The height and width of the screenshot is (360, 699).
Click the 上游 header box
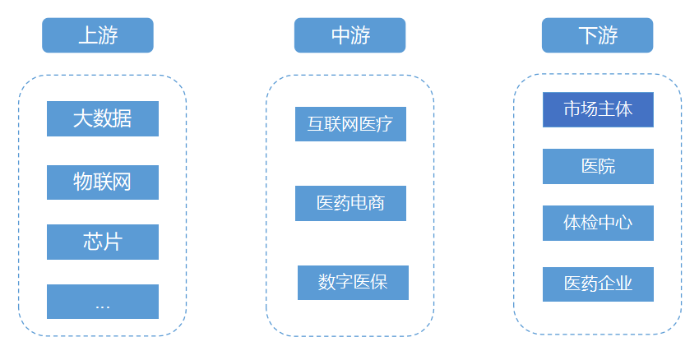[98, 35]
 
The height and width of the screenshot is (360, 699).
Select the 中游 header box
[349, 35]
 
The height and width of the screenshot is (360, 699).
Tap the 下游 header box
[597, 35]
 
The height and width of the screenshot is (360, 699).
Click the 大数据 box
[103, 118]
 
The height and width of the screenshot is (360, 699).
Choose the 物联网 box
[103, 182]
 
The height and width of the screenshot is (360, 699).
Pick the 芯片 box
[103, 242]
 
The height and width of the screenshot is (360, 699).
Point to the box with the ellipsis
[103, 302]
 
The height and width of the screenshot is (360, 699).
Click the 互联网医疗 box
[350, 124]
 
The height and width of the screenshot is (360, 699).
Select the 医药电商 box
[350, 203]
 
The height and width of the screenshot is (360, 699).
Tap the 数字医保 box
[353, 283]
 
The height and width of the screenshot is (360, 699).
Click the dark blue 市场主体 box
[598, 109]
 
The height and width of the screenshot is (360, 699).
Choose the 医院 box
[598, 166]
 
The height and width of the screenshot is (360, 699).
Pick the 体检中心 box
[598, 223]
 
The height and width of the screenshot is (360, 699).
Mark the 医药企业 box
[598, 284]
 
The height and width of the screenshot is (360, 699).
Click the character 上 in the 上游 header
[88, 35]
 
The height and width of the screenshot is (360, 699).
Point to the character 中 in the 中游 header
[340, 35]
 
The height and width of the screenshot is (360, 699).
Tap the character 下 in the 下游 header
[587, 35]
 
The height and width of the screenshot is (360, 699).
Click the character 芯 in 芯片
[93, 242]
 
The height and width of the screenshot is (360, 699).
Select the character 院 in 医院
[607, 166]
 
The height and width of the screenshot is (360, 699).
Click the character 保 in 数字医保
[378, 283]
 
